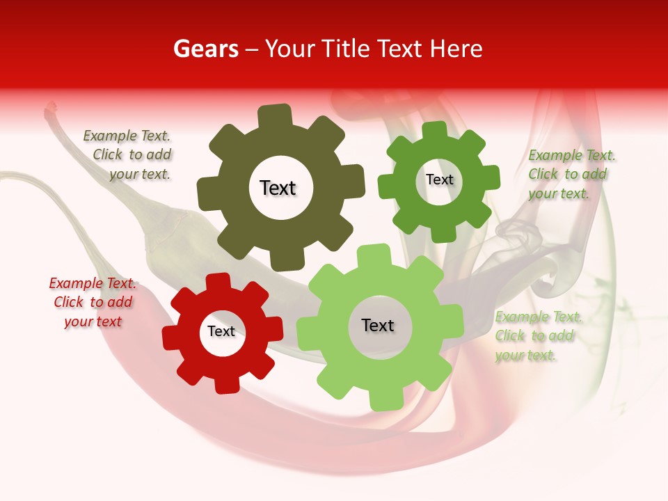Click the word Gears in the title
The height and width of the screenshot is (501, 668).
[x=205, y=49]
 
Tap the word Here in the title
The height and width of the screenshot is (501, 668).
[x=456, y=49]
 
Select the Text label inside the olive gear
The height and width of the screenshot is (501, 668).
[x=278, y=188]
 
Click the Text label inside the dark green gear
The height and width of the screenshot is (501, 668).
[x=439, y=180]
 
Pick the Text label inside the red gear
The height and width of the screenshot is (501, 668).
[x=221, y=332]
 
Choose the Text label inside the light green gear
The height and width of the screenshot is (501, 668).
[x=378, y=326]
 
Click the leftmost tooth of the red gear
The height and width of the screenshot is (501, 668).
[x=171, y=337]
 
